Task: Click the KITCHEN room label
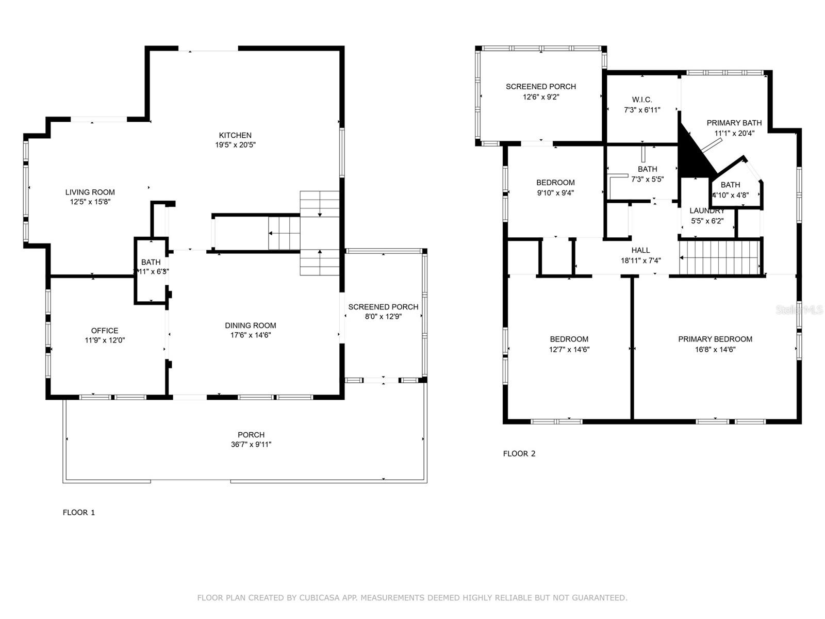click(236, 135)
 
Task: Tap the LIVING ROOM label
click(90, 192)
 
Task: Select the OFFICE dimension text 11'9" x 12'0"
click(105, 340)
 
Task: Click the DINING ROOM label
click(250, 325)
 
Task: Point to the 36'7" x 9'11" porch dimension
click(251, 445)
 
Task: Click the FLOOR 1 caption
click(79, 512)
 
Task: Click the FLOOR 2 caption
click(519, 453)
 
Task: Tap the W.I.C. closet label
click(642, 100)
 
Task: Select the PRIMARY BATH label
click(734, 123)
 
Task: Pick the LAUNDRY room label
click(707, 210)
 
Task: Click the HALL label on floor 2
click(640, 250)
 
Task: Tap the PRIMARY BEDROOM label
click(715, 339)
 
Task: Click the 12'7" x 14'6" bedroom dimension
click(569, 349)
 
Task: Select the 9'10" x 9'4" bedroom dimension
click(555, 193)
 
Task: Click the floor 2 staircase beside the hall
click(720, 257)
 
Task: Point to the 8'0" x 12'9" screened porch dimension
click(383, 317)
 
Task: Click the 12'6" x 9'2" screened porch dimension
click(541, 96)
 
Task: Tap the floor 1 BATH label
click(151, 262)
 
